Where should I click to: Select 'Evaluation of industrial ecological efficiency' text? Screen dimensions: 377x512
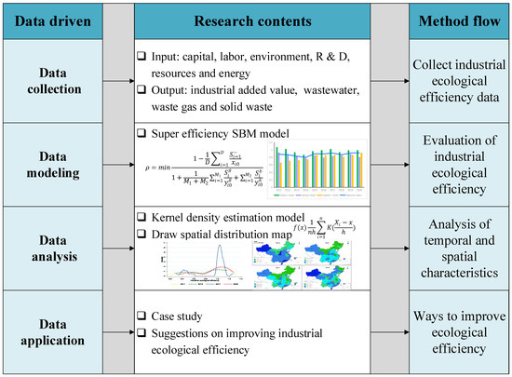tap(459, 167)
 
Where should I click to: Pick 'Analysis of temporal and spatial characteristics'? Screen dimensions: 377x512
tap(459, 248)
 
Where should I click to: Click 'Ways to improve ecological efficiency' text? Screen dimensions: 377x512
tap(459, 328)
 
